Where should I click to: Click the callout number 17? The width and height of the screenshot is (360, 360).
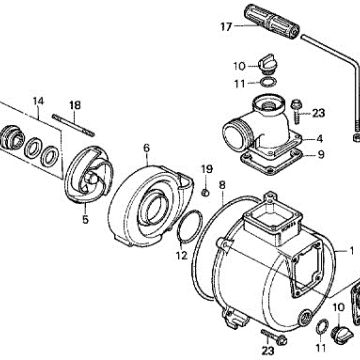(x=226, y=27)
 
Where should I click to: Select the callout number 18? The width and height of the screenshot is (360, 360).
(x=75, y=105)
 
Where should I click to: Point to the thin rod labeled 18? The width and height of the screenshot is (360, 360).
(x=73, y=125)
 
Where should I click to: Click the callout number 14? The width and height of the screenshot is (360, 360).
(x=38, y=101)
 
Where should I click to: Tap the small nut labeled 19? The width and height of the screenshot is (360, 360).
(x=206, y=192)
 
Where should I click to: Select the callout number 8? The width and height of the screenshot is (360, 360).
(x=222, y=185)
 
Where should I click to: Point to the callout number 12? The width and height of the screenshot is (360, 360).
(x=182, y=256)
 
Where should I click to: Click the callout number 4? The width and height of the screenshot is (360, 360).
(x=319, y=139)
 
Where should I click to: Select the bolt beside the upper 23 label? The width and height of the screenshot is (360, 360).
(x=296, y=110)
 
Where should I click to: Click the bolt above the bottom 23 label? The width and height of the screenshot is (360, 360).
(x=274, y=337)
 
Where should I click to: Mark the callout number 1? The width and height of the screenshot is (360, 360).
(x=351, y=251)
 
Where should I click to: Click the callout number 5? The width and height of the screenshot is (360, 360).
(x=86, y=220)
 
